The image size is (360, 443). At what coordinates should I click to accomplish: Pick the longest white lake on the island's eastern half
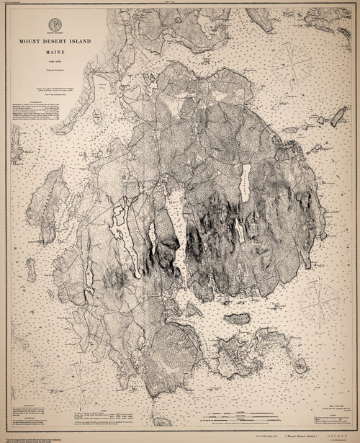coord(245,184)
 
